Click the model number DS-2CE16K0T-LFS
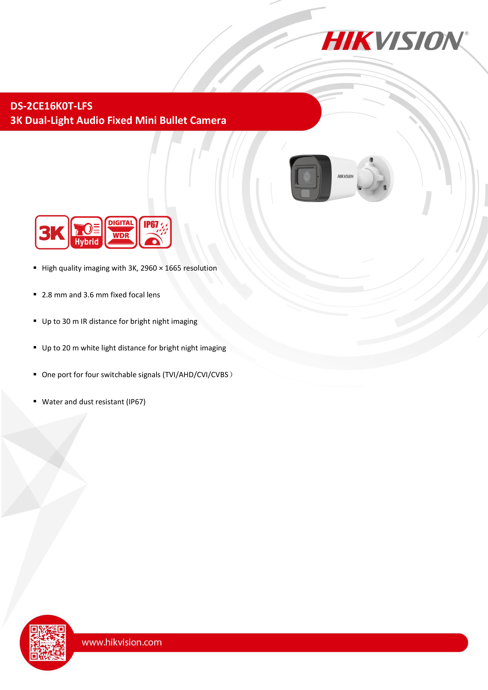pos(51,106)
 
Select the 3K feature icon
pos(52,232)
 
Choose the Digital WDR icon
pos(121,232)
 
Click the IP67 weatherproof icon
pos(155,232)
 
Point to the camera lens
pos(307,176)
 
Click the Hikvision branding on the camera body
pos(345,176)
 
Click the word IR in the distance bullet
pos(84,322)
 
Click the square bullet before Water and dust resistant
pos(35,401)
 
